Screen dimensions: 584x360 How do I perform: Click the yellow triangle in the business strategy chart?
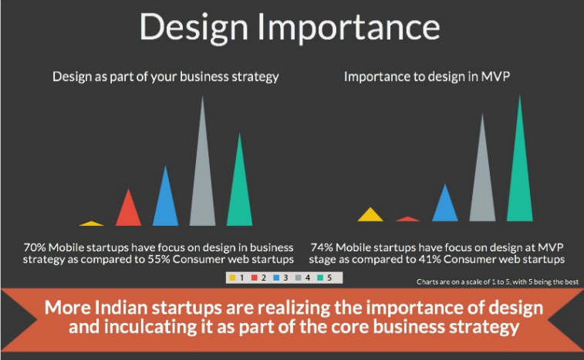pyautogui.click(x=91, y=224)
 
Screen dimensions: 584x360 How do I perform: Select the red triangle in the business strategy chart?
pyautogui.click(x=129, y=212)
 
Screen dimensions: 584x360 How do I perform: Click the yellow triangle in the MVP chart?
pyautogui.click(x=370, y=217)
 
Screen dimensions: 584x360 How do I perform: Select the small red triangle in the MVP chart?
pyautogui.click(x=407, y=219)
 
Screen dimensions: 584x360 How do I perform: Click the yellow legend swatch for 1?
pyautogui.click(x=232, y=278)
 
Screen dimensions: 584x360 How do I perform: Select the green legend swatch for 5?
pyautogui.click(x=320, y=278)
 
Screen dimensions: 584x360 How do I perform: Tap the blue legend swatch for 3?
pyautogui.click(x=276, y=278)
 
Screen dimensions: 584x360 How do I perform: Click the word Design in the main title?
pyautogui.click(x=194, y=28)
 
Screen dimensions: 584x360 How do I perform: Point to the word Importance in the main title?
pyautogui.click(x=349, y=27)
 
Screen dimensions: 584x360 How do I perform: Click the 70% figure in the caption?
pyautogui.click(x=34, y=247)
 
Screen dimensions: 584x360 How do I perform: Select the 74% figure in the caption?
pyautogui.click(x=322, y=247)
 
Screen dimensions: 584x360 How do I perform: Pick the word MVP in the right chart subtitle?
pyautogui.click(x=495, y=76)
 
